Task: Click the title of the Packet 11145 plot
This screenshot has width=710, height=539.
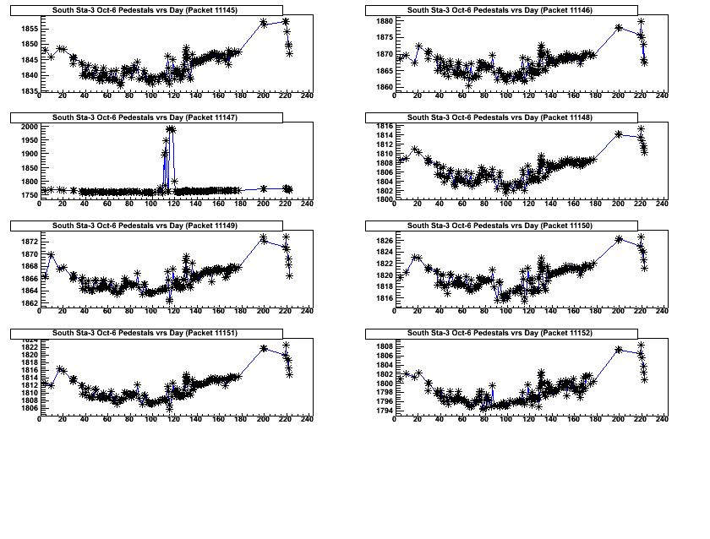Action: click(x=145, y=10)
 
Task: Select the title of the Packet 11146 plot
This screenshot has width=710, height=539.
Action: click(x=500, y=10)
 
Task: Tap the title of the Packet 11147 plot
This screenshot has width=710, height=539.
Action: click(x=145, y=118)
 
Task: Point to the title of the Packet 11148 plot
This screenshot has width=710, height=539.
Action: click(x=500, y=118)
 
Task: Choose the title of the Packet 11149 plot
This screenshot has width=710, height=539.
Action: click(x=145, y=226)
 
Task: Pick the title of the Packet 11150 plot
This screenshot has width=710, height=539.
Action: click(x=500, y=226)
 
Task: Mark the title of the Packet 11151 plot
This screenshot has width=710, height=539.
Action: click(x=145, y=334)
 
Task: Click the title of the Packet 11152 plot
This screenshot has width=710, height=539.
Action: click(x=500, y=334)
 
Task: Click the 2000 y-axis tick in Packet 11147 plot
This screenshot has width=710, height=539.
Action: click(x=28, y=126)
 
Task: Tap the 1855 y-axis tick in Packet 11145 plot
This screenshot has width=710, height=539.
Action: click(x=28, y=29)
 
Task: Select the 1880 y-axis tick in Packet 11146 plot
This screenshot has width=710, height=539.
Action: click(x=383, y=20)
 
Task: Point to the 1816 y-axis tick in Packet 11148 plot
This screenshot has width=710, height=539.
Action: click(x=383, y=126)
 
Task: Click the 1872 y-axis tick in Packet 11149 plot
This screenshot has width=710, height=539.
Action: click(x=28, y=241)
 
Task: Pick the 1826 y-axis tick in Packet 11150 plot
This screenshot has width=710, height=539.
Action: click(x=383, y=241)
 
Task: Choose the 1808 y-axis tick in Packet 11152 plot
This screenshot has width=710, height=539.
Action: click(x=383, y=346)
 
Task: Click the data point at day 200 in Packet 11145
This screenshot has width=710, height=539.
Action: click(x=264, y=23)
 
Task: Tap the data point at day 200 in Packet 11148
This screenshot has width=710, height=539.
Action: click(x=619, y=133)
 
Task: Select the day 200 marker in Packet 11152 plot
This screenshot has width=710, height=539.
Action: click(x=619, y=349)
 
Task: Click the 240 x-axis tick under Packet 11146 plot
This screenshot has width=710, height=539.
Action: click(x=662, y=95)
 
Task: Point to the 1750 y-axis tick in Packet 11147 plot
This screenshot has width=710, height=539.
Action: click(x=28, y=195)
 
